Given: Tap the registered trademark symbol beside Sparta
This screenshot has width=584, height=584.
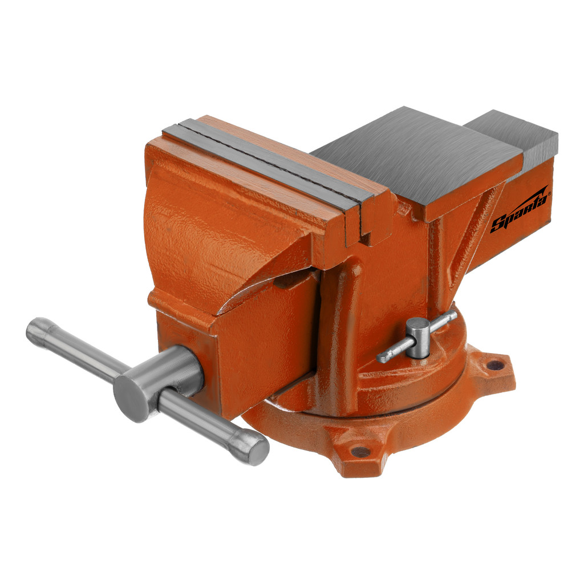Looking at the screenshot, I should pyautogui.click(x=550, y=194).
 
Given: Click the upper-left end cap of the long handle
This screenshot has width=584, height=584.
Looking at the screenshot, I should pyautogui.click(x=35, y=329).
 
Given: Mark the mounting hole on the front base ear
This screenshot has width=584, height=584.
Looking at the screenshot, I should pyautogui.click(x=360, y=452).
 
